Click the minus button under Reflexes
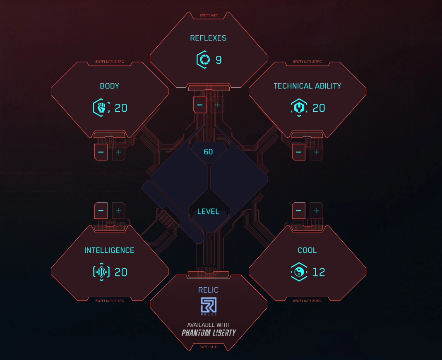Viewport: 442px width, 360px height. (199, 105)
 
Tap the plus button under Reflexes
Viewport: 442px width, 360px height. (218, 105)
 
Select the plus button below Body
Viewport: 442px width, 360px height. (119, 152)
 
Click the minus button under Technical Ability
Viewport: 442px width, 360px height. (298, 152)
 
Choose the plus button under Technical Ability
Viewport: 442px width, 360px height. (317, 152)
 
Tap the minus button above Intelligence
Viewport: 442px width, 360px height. (101, 211)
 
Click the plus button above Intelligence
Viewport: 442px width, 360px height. (119, 211)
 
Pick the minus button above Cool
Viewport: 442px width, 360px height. (298, 211)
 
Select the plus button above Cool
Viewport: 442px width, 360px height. (317, 211)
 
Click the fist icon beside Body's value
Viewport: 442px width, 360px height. (101, 108)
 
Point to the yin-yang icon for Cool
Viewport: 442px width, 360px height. (299, 272)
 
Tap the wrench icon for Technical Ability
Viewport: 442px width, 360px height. (299, 108)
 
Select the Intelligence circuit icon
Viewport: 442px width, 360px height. (101, 272)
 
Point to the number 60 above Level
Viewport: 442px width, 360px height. (209, 152)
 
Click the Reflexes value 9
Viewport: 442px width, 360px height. (219, 60)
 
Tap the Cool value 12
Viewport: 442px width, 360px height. (319, 272)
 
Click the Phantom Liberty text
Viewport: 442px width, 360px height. (209, 333)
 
